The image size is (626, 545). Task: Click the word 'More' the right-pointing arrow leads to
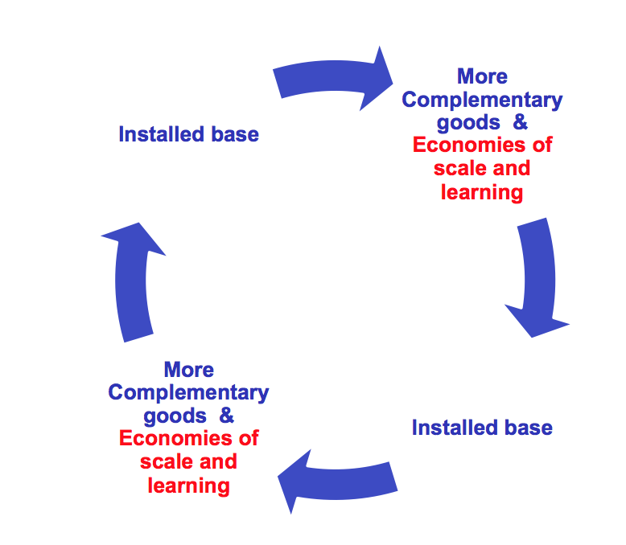pos(482,76)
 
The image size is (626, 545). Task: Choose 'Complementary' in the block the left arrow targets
pos(188,393)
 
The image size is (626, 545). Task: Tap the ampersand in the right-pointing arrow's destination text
pos(521,123)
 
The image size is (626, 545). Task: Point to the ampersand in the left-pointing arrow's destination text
pos(227,416)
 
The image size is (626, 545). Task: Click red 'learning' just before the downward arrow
pos(482,192)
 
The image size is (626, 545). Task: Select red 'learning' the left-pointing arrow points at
pos(188,486)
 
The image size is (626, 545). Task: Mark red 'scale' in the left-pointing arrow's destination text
pos(164,462)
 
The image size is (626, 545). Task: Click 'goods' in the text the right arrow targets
pos(468,123)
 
